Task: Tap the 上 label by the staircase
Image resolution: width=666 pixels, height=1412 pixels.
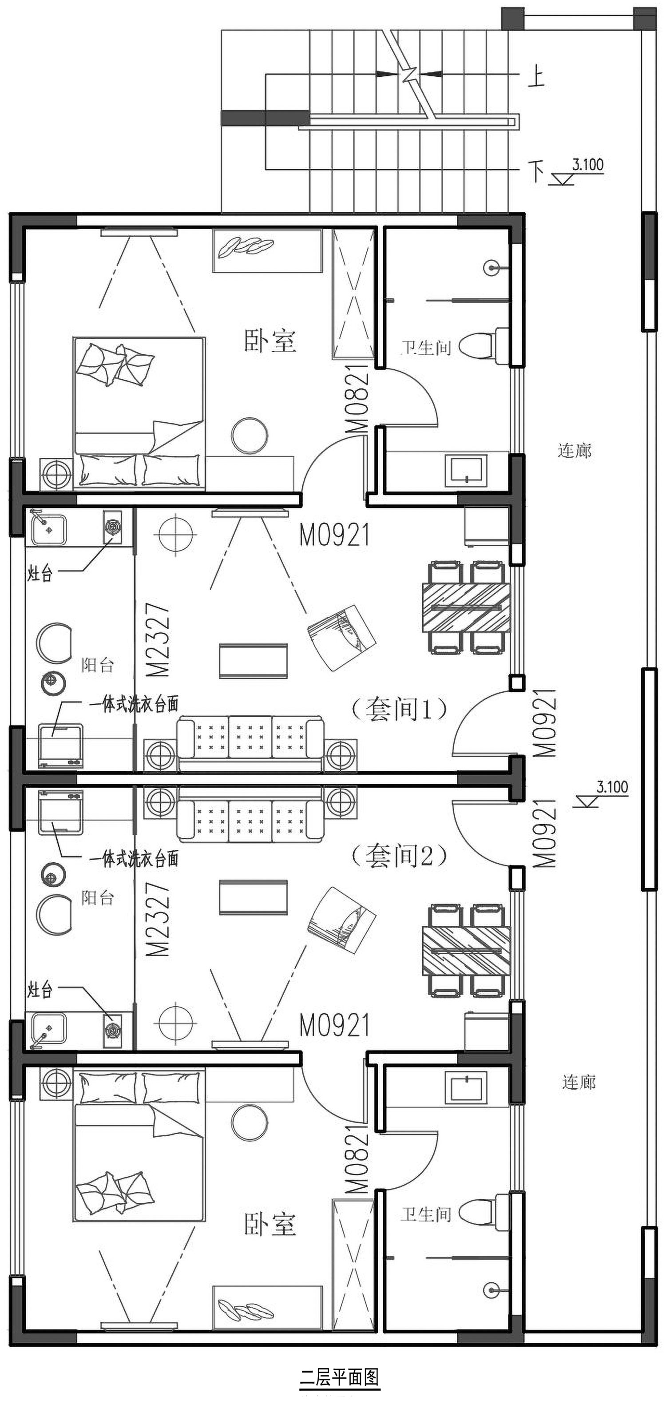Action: pyautogui.click(x=536, y=75)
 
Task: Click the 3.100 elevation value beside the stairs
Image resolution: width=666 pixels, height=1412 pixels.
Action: pyautogui.click(x=587, y=164)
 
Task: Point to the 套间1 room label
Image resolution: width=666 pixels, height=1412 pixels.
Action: pyautogui.click(x=399, y=709)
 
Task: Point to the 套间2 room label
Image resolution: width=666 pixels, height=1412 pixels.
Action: pyautogui.click(x=399, y=856)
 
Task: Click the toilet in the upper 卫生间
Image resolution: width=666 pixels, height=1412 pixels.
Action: pyautogui.click(x=484, y=346)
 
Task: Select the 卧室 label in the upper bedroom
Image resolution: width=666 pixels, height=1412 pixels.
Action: pyautogui.click(x=270, y=341)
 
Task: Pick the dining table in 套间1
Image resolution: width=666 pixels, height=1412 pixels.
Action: pyautogui.click(x=466, y=607)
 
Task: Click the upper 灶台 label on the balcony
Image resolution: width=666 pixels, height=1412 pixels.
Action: pyautogui.click(x=40, y=573)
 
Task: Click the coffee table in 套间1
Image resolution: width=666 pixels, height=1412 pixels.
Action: pyautogui.click(x=253, y=661)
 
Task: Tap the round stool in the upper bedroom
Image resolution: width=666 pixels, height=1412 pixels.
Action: pyautogui.click(x=250, y=436)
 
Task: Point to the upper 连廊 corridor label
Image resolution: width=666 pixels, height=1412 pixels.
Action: pyautogui.click(x=575, y=451)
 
